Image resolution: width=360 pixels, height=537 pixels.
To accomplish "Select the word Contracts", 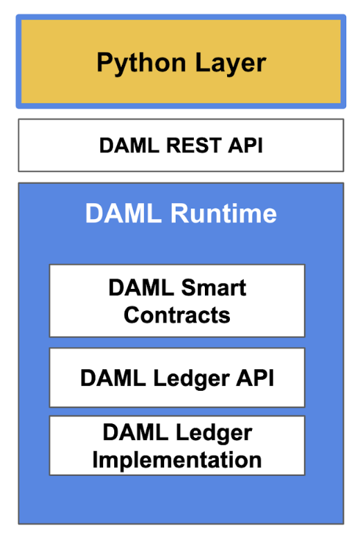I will (x=177, y=315).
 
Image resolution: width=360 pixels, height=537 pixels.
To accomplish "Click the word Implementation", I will (x=177, y=459).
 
